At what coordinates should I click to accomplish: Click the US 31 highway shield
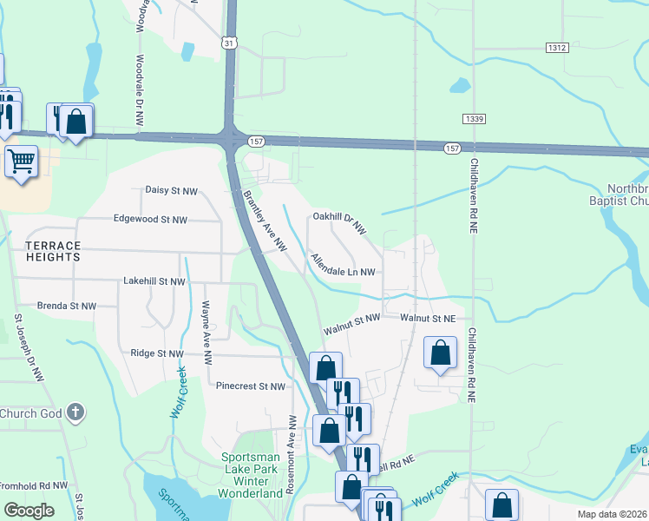coord(228,42)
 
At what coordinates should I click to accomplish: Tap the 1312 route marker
coord(557,47)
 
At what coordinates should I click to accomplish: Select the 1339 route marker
coord(474,119)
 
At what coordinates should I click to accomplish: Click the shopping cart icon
coord(22,162)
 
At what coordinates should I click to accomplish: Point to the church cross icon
coord(75,412)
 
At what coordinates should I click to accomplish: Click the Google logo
coord(29,511)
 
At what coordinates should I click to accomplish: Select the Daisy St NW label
coord(171,190)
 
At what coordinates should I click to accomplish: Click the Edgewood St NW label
coord(150,221)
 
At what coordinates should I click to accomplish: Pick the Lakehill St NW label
coord(154,281)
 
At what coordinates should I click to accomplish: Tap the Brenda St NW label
coord(66,306)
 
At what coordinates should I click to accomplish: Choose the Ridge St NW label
coord(157,353)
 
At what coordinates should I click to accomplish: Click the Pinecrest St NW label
coord(251,386)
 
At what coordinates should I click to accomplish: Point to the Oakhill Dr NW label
coord(340,223)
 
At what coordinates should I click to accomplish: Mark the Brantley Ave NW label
coord(265,221)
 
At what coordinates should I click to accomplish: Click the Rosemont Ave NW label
coord(293,454)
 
